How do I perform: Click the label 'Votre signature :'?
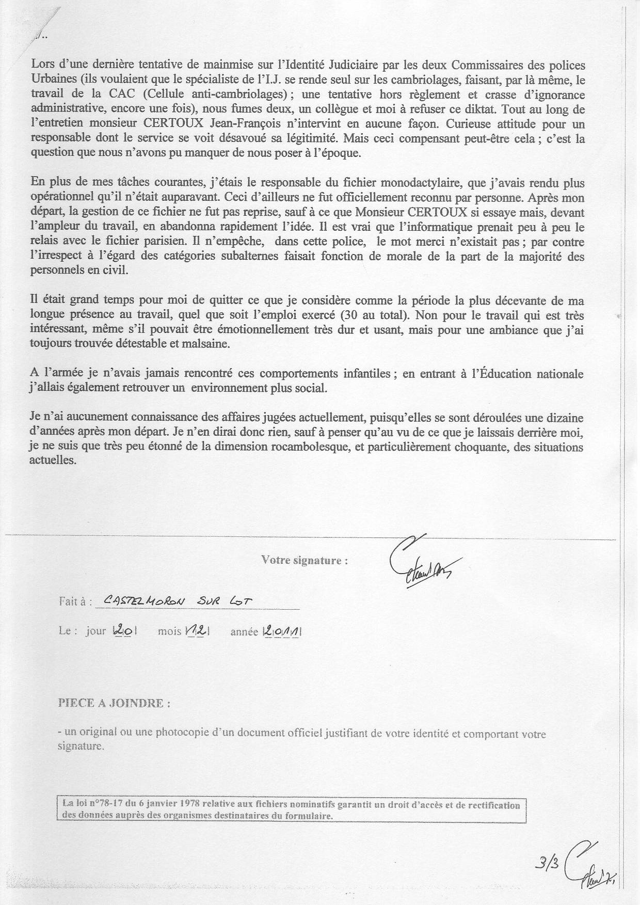tap(305, 560)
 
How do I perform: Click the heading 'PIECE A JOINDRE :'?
tap(114, 703)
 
